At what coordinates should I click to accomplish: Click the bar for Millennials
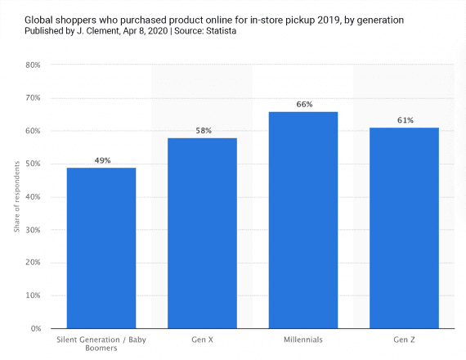[x=303, y=220]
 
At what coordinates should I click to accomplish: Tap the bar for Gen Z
[x=405, y=228]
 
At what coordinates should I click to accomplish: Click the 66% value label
[x=303, y=104]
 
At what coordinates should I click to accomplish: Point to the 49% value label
[x=101, y=160]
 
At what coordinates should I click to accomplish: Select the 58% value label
[x=203, y=131]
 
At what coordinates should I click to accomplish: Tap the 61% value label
[x=405, y=120]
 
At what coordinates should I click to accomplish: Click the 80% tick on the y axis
[x=33, y=65]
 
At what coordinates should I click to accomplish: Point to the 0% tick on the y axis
[x=35, y=329]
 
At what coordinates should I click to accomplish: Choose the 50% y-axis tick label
[x=33, y=164]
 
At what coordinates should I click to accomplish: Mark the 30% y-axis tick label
[x=33, y=230]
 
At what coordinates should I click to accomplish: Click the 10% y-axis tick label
[x=33, y=295]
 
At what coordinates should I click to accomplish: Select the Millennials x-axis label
[x=303, y=339]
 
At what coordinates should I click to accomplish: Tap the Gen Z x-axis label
[x=405, y=339]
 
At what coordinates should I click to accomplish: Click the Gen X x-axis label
[x=203, y=339]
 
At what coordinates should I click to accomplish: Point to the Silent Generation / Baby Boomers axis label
[x=101, y=344]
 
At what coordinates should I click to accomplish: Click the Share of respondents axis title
[x=16, y=196]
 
